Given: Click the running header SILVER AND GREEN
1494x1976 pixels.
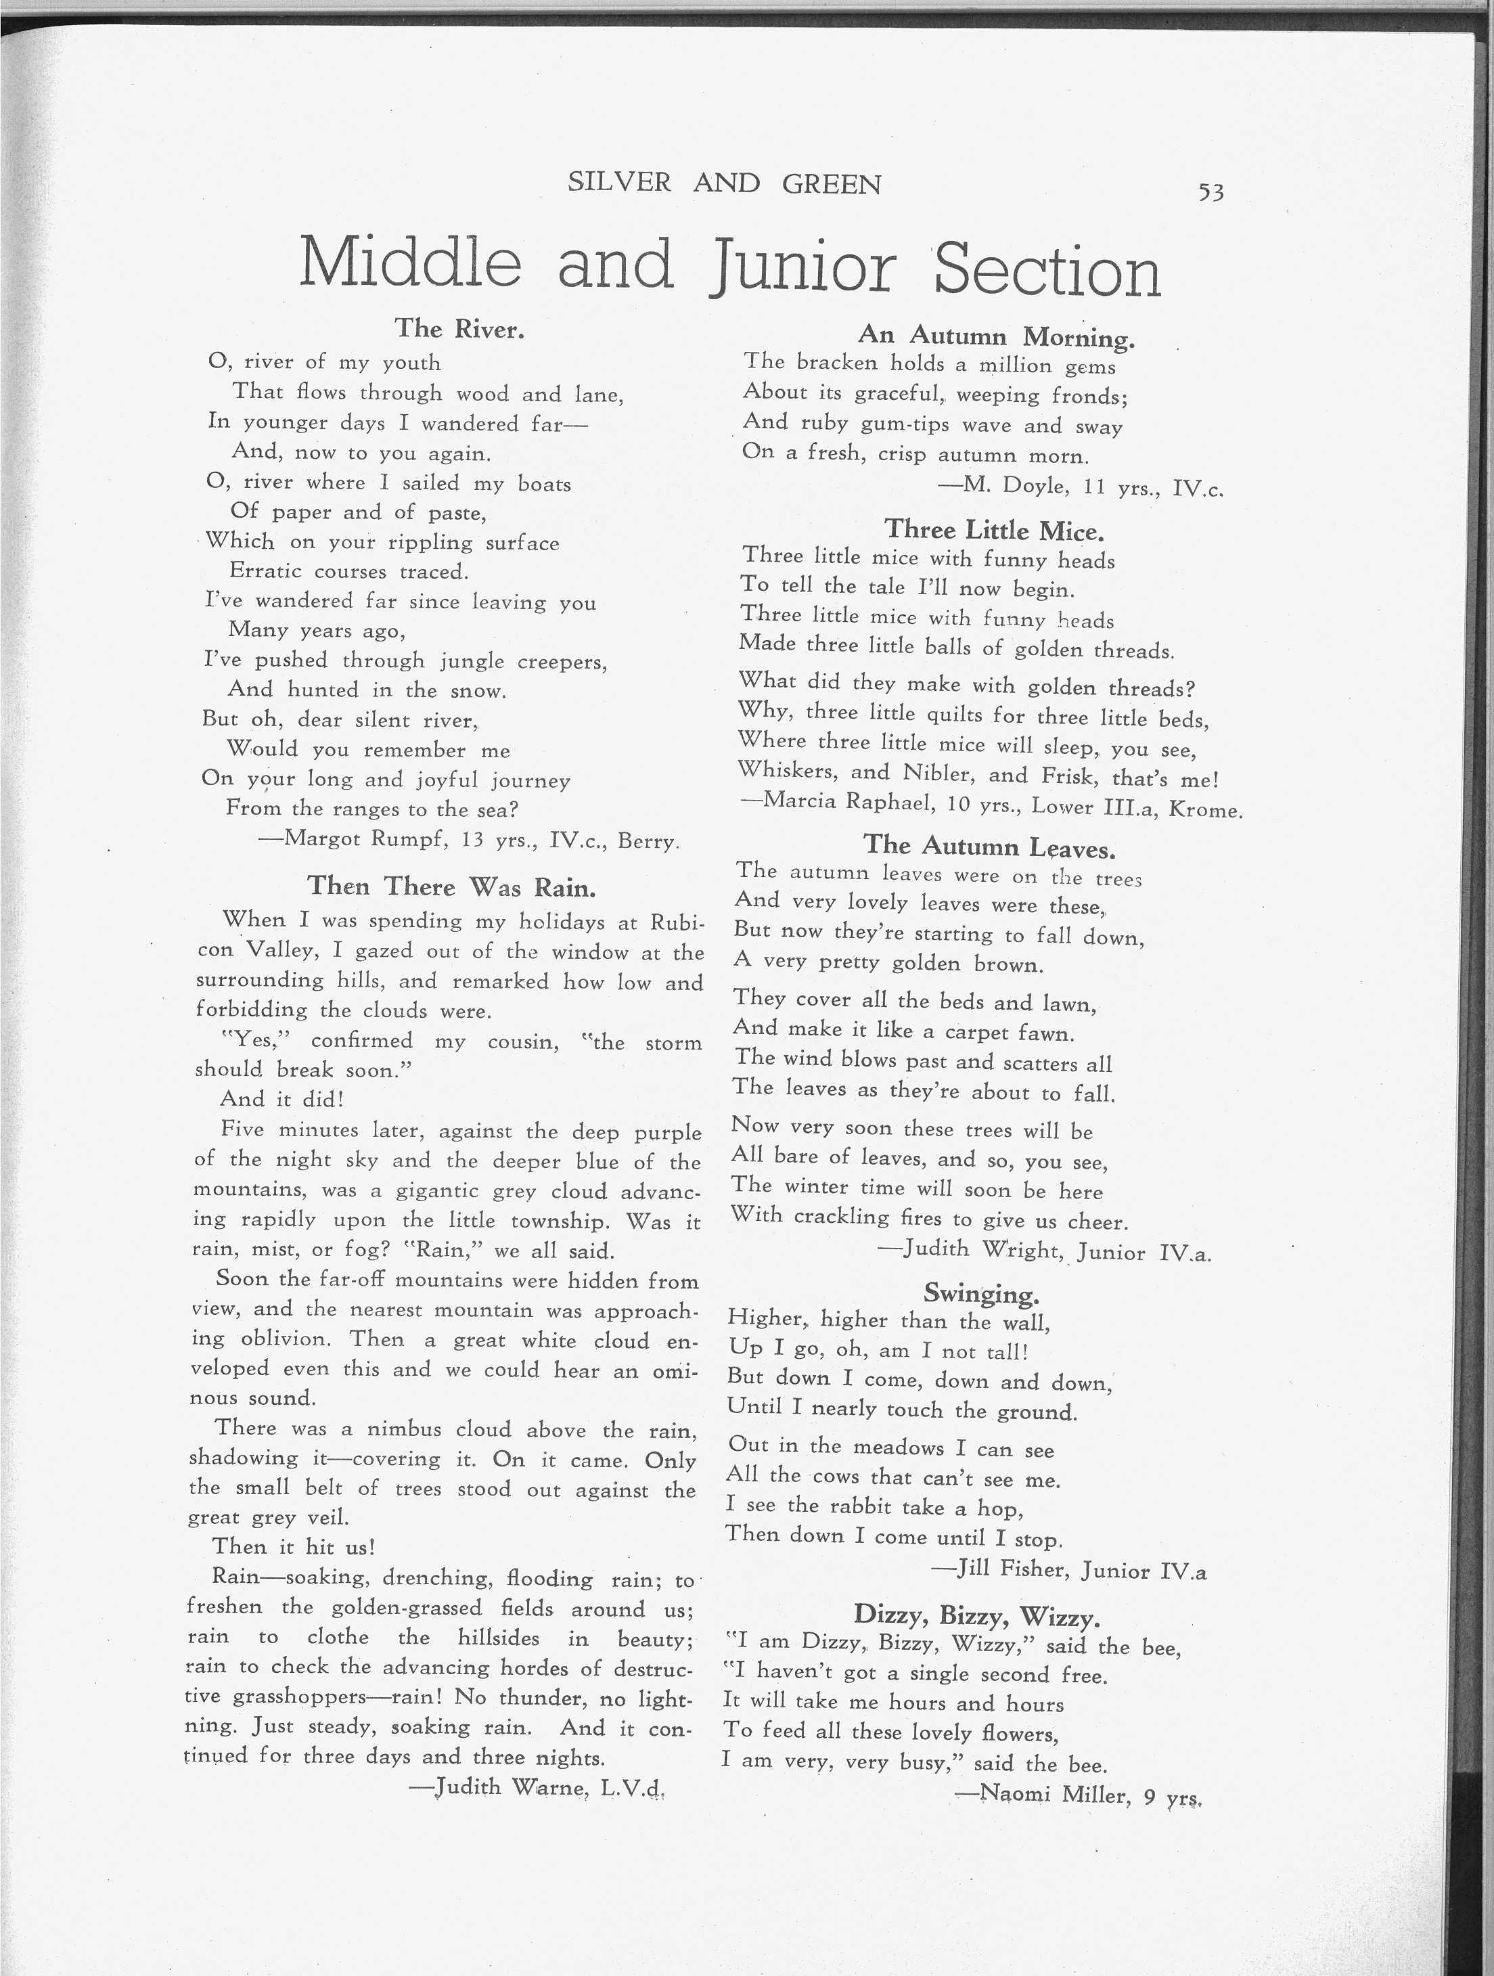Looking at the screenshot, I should point(724,183).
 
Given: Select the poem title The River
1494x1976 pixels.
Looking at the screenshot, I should point(459,329).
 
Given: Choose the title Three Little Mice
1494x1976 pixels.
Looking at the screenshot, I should point(994,531).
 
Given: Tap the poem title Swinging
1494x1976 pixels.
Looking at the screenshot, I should point(980,1293).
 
